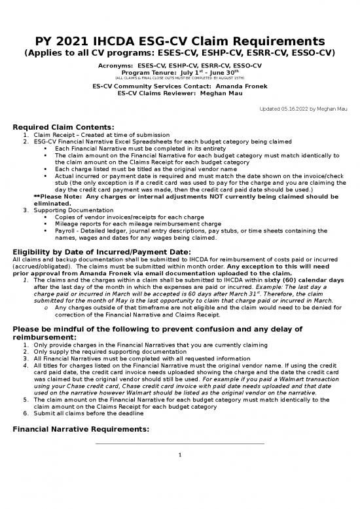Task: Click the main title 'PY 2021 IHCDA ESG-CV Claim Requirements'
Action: [x=179, y=40]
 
